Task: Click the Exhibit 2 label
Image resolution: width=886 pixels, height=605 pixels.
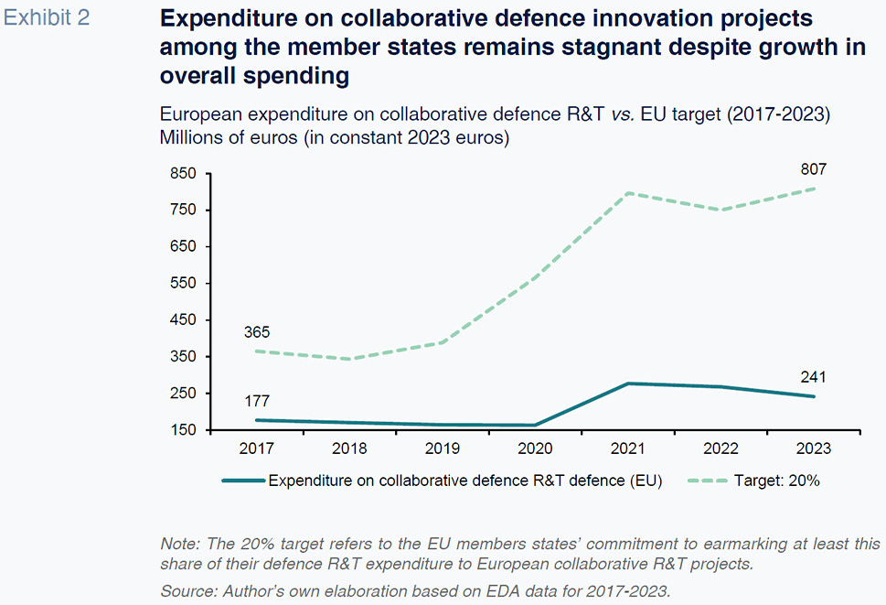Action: click(x=47, y=18)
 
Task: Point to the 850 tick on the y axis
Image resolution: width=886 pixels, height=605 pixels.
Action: click(x=183, y=174)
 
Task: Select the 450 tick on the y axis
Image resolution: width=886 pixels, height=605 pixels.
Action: click(x=183, y=319)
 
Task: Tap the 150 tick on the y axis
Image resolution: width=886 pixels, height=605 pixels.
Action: click(x=183, y=429)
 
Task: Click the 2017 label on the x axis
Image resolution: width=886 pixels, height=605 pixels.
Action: click(x=256, y=449)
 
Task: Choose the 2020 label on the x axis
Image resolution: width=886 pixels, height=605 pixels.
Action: click(x=535, y=449)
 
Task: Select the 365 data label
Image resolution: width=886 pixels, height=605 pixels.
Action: click(x=257, y=332)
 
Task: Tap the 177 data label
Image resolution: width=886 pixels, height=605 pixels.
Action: click(x=257, y=400)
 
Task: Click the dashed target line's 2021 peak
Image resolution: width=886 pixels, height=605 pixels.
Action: click(x=628, y=193)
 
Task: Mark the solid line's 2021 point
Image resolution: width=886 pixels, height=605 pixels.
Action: click(x=628, y=384)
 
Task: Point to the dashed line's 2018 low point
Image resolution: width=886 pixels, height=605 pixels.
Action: click(x=349, y=359)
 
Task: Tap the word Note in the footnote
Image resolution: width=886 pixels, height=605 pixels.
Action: click(x=177, y=544)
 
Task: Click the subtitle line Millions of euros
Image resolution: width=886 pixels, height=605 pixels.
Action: click(x=334, y=139)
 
